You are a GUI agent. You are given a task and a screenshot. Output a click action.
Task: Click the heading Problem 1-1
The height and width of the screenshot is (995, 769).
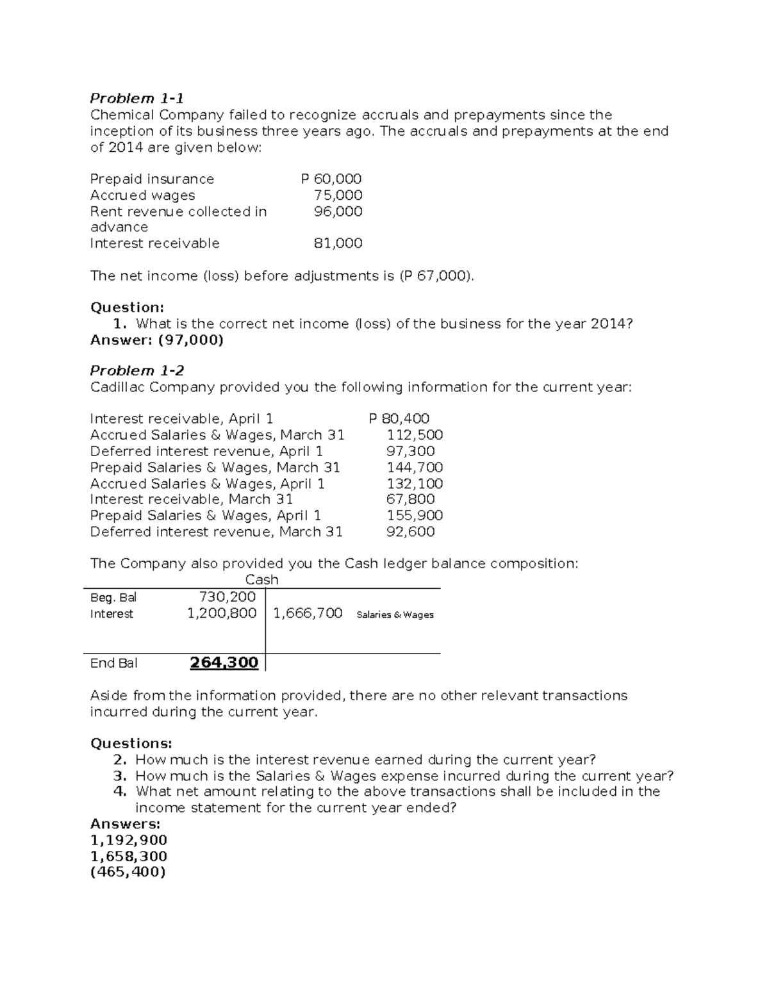pyautogui.click(x=136, y=99)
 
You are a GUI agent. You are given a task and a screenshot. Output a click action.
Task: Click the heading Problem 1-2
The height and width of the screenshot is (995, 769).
pyautogui.click(x=136, y=371)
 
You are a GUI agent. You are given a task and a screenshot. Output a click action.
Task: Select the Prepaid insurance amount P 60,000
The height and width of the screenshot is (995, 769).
pyautogui.click(x=331, y=179)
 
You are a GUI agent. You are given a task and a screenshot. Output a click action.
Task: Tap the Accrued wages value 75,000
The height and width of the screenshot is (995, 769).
pyautogui.click(x=338, y=195)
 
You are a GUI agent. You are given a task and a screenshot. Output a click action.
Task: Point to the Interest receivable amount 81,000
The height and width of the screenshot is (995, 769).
pyautogui.click(x=338, y=243)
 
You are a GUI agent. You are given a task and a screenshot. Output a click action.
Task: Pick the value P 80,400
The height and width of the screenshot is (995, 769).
pyautogui.click(x=399, y=419)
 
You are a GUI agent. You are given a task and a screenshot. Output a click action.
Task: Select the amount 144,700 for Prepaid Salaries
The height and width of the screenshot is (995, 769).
pyautogui.click(x=415, y=468)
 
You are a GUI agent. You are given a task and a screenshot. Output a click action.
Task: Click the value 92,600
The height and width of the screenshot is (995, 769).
pyautogui.click(x=410, y=532)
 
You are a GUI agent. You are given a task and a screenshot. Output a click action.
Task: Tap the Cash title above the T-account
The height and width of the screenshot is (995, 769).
pyautogui.click(x=261, y=580)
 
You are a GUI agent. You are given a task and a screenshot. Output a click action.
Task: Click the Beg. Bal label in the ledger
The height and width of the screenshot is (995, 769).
pyautogui.click(x=113, y=598)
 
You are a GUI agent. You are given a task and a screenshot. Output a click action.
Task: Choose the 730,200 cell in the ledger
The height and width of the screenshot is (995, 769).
pyautogui.click(x=227, y=597)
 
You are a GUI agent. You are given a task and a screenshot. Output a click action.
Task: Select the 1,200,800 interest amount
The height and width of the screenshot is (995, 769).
pyautogui.click(x=222, y=614)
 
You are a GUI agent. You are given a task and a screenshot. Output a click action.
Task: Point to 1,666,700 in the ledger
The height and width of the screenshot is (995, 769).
pyautogui.click(x=308, y=614)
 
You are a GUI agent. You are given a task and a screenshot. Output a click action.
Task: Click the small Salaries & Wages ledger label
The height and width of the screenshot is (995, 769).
pyautogui.click(x=395, y=615)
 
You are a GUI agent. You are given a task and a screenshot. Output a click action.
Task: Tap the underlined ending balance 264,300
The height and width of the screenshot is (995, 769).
pyautogui.click(x=224, y=663)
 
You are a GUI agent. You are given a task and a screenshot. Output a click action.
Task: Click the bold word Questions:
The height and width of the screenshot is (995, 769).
pyautogui.click(x=131, y=743)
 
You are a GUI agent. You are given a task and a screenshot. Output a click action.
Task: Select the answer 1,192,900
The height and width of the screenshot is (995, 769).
pyautogui.click(x=128, y=840)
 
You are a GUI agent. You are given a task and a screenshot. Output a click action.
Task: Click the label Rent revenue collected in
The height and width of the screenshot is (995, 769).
pyautogui.click(x=178, y=211)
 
